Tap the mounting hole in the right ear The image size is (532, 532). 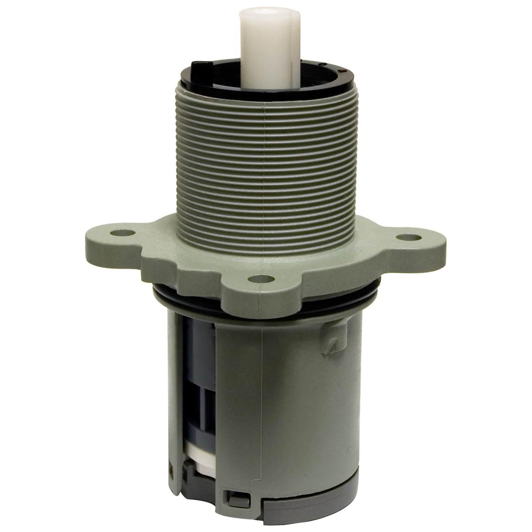(x=404, y=237)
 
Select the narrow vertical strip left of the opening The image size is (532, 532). (x=176, y=399)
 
